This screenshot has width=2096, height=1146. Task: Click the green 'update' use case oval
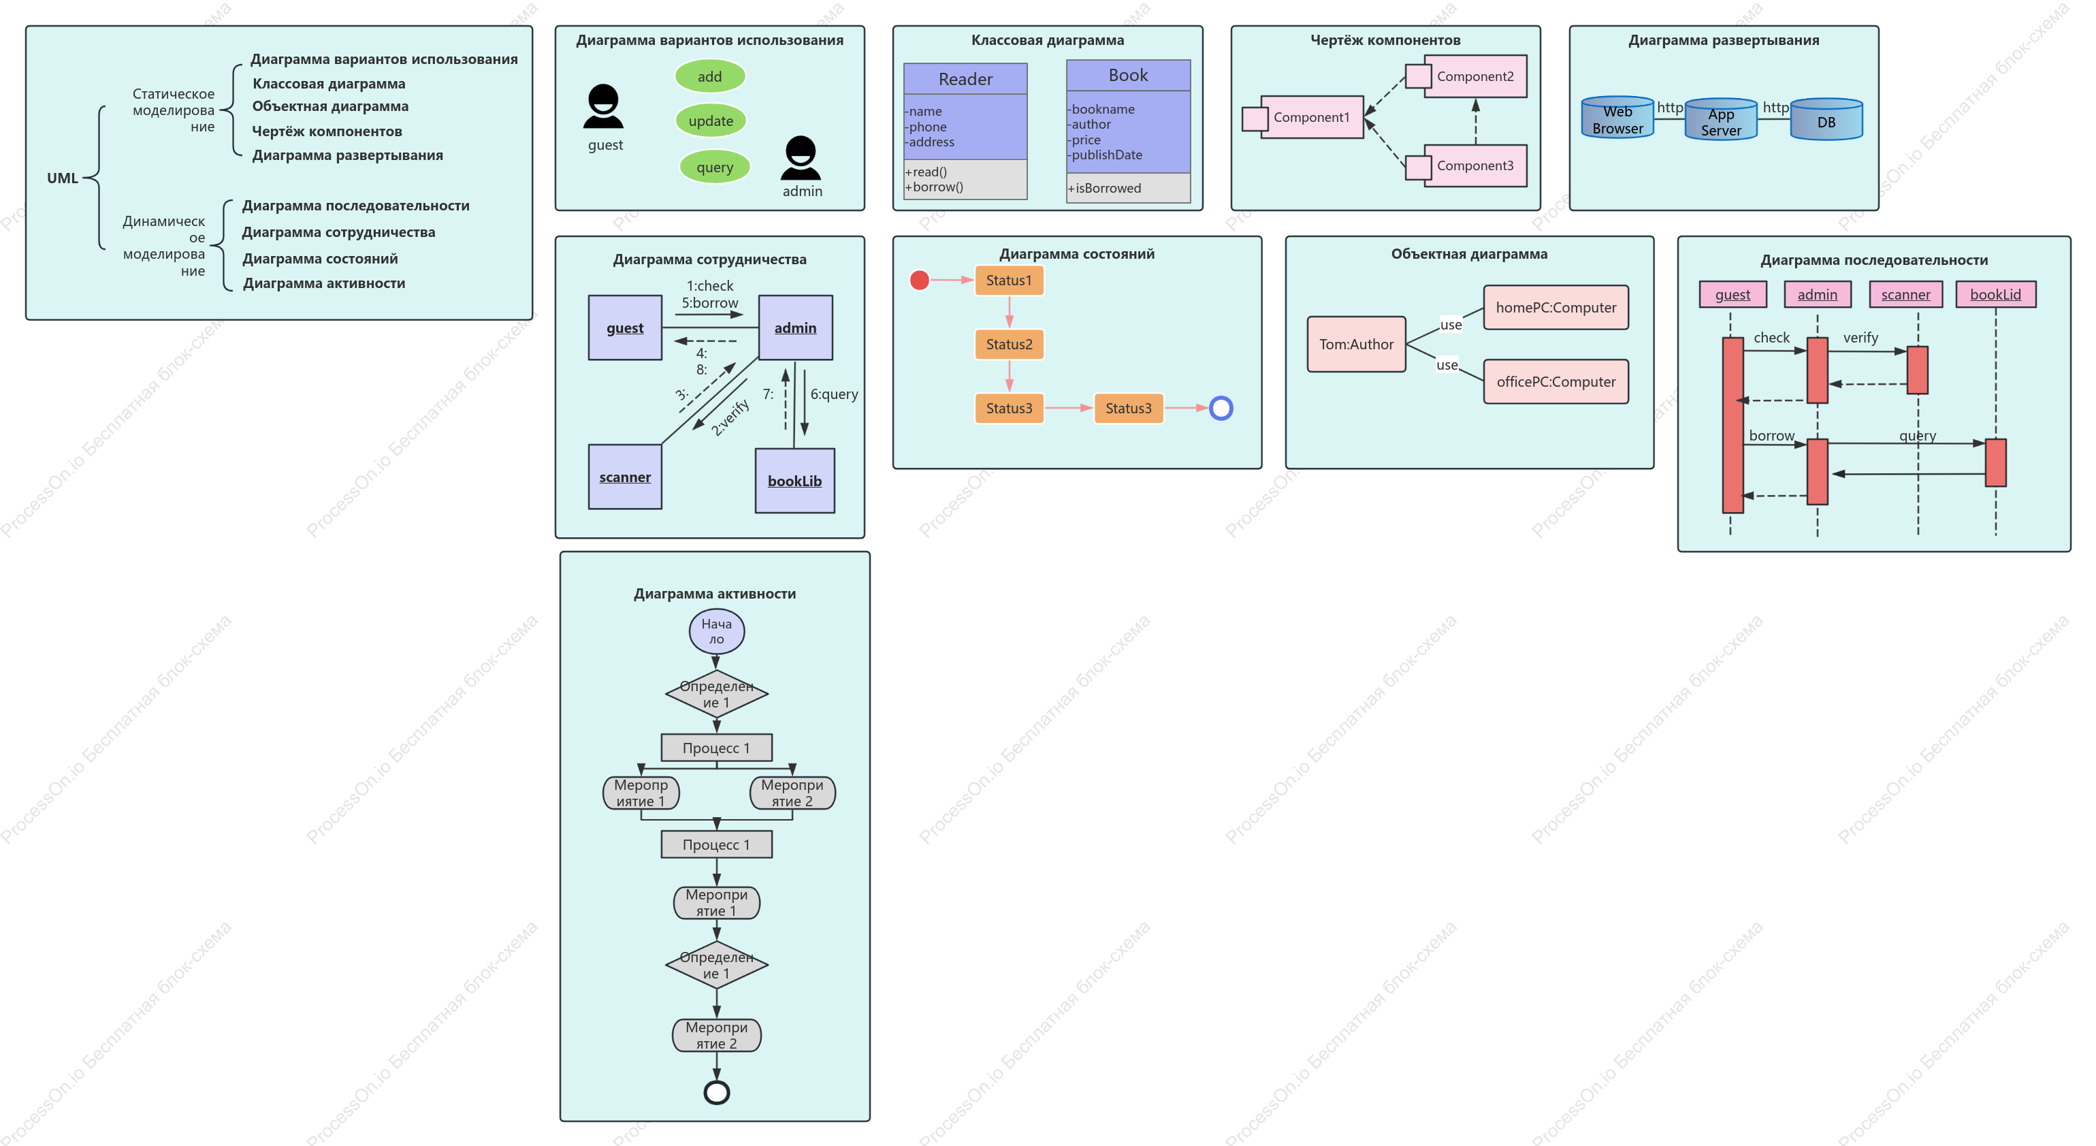click(x=710, y=121)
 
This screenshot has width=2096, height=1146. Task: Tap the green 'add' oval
click(x=709, y=76)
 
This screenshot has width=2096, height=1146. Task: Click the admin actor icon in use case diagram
click(x=801, y=157)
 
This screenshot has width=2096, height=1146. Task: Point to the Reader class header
click(x=965, y=79)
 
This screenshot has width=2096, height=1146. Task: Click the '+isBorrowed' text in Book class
click(x=1104, y=188)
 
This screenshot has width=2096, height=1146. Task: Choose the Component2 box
click(x=1475, y=76)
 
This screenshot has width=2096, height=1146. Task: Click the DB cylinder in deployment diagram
click(x=1826, y=120)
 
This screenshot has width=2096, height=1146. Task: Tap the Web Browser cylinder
click(x=1617, y=118)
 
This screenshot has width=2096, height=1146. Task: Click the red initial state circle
click(x=920, y=280)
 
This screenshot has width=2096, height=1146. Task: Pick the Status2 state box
click(x=1009, y=345)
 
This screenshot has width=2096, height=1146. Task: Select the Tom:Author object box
click(x=1357, y=345)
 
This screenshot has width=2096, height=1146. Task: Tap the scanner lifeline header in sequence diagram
click(x=1905, y=295)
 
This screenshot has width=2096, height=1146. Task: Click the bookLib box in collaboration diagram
click(x=795, y=481)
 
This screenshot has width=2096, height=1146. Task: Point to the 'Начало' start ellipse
click(x=717, y=632)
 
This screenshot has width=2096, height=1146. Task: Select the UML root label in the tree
click(x=63, y=178)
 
